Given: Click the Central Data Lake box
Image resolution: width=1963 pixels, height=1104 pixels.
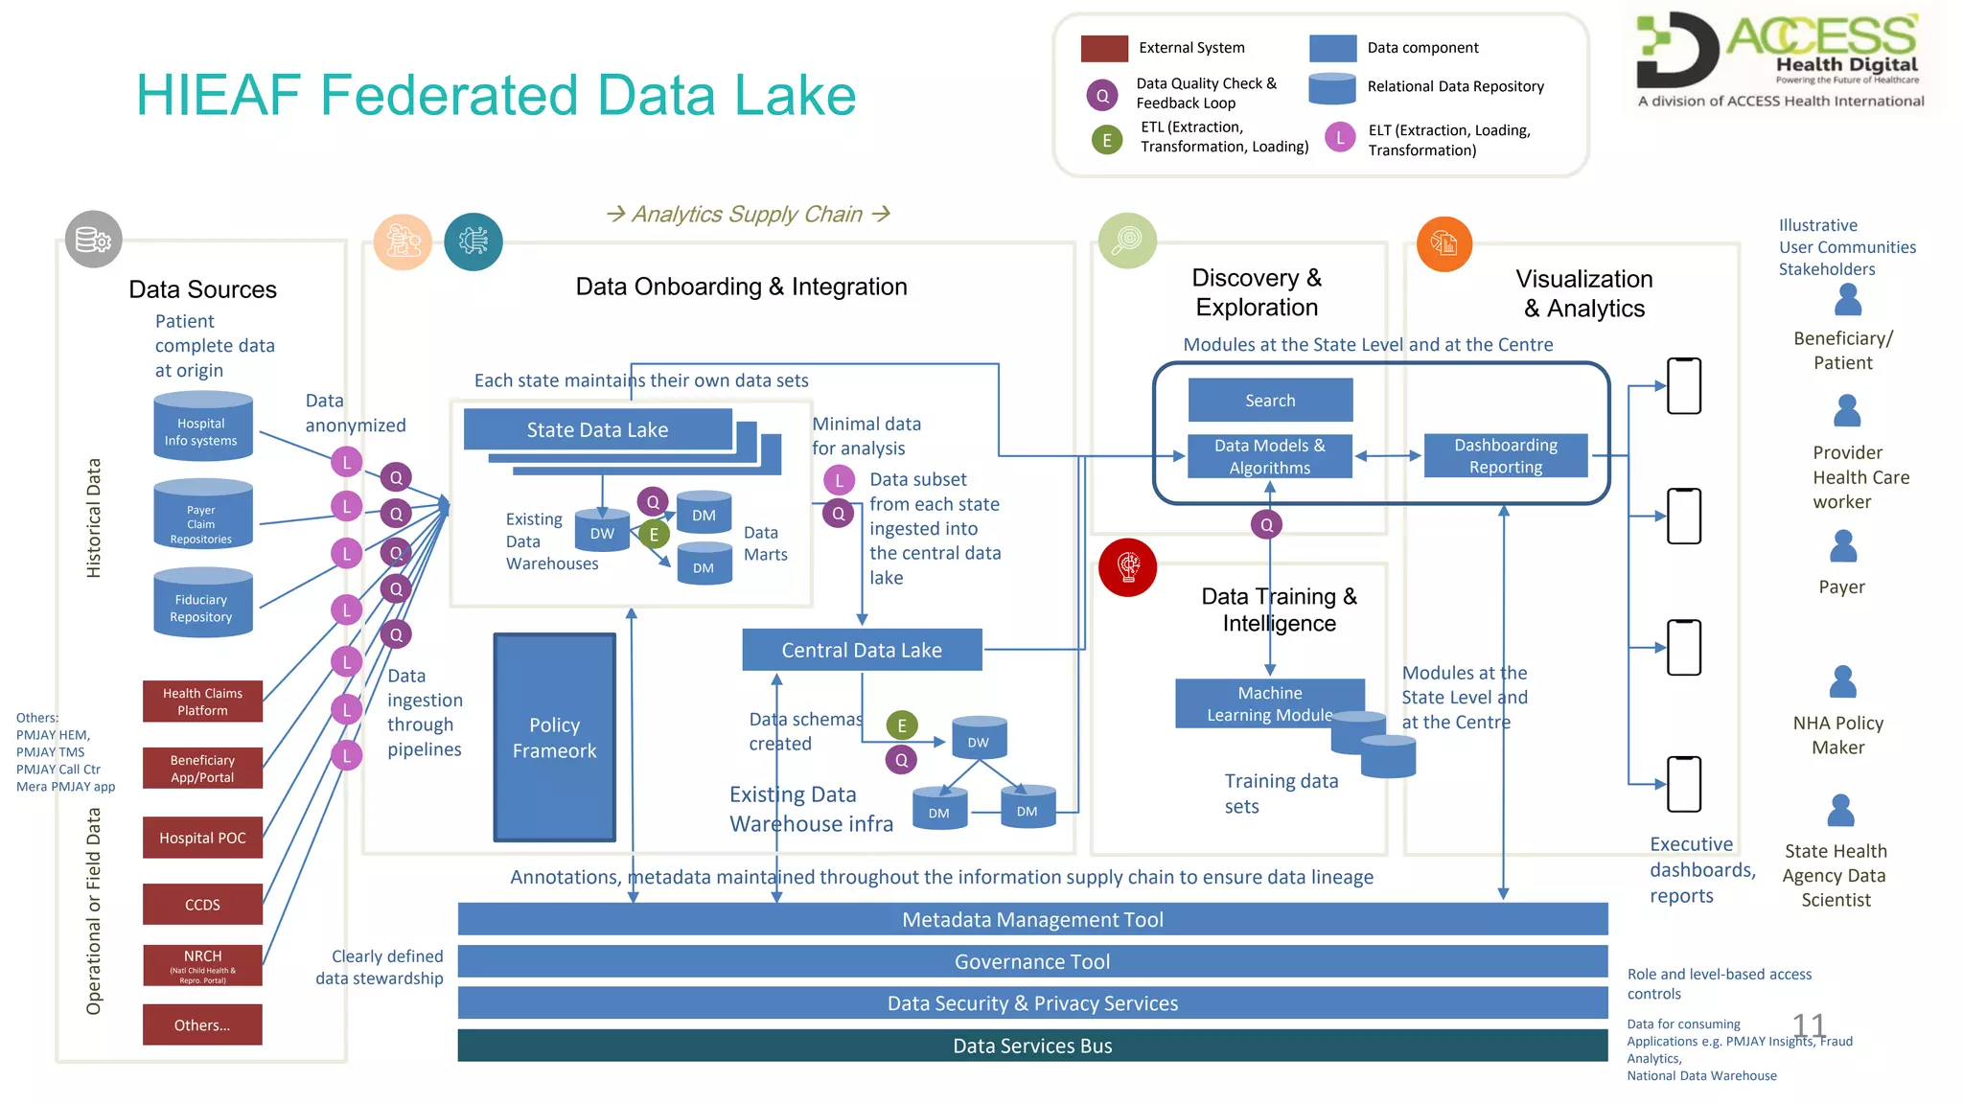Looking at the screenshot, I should tap(862, 650).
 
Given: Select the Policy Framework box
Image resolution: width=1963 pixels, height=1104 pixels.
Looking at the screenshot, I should tap(555, 737).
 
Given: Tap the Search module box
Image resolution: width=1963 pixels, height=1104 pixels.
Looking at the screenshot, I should tap(1270, 400).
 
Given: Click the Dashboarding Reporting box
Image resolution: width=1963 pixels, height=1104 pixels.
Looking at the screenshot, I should tap(1505, 456).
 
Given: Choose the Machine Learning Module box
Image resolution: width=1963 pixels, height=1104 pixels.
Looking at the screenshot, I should tap(1269, 703).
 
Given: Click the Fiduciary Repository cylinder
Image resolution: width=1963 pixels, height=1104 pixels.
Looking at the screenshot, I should tap(202, 604).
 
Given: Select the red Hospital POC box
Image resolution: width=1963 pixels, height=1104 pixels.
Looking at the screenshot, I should tap(202, 838).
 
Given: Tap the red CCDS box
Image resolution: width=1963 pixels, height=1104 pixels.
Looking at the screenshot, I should tap(202, 904).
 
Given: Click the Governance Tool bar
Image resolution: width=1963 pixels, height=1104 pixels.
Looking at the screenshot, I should tap(1032, 961).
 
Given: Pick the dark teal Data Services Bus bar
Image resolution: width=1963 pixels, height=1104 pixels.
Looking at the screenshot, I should tap(1032, 1046).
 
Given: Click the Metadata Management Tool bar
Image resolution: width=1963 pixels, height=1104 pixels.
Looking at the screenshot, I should tap(1032, 919).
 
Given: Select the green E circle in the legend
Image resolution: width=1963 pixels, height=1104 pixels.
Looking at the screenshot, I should tap(1107, 140).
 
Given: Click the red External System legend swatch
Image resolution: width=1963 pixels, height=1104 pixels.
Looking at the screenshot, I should tap(1104, 48).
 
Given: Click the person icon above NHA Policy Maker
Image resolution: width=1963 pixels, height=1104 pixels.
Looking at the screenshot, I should tap(1842, 682).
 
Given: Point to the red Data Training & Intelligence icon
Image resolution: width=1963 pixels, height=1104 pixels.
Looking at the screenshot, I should tap(1128, 567).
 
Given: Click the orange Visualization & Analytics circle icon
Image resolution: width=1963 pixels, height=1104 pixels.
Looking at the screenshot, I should tap(1443, 244).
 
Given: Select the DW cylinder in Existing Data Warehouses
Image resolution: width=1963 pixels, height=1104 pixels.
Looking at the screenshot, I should tap(602, 531).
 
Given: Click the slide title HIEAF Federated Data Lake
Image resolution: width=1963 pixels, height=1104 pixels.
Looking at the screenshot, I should tap(496, 95).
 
